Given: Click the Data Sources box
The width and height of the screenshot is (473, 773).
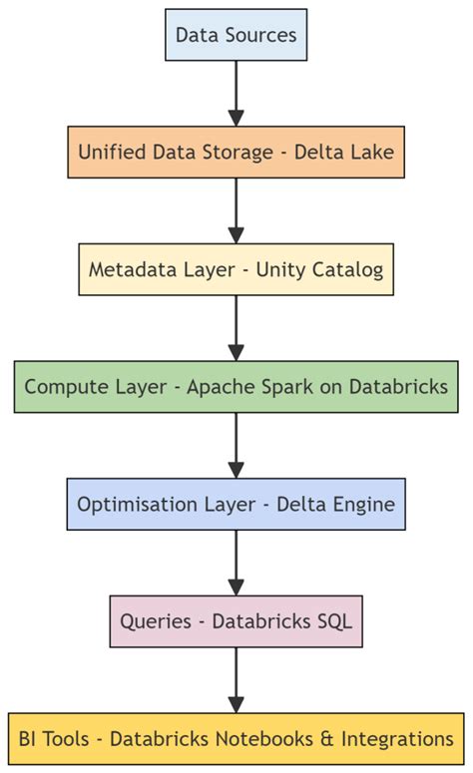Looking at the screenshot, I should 236,35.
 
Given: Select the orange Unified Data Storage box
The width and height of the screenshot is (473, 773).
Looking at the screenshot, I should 236,152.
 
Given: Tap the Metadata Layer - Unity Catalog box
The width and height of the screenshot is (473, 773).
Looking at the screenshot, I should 236,269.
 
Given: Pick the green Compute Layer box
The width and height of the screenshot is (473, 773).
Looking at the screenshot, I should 236,387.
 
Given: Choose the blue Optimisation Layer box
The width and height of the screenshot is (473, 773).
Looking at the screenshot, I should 236,505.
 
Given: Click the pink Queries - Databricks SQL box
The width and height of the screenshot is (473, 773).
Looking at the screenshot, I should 236,621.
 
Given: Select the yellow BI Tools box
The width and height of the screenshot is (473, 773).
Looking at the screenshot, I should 236,739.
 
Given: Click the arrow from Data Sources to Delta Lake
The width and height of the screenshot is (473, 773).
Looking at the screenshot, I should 236,93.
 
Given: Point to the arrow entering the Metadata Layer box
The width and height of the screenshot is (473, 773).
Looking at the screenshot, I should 236,210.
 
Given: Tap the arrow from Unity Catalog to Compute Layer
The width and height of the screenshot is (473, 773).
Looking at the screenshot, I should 236,328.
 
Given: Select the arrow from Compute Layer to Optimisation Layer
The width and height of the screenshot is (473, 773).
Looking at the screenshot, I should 236,446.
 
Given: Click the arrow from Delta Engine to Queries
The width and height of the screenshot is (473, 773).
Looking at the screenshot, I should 236,564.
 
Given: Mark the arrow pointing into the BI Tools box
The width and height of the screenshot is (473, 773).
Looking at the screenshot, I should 236,680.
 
